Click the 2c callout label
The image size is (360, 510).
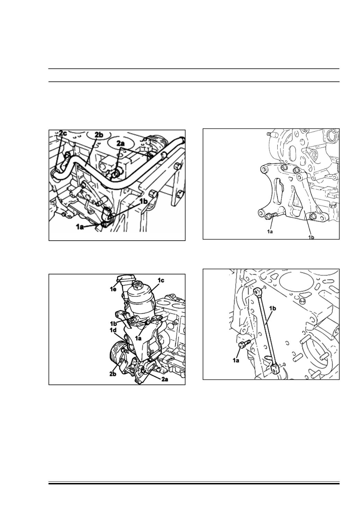(x=63, y=133)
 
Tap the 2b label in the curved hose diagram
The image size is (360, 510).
(x=99, y=135)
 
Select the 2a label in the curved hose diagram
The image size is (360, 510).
(x=121, y=143)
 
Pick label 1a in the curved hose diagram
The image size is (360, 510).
(x=80, y=227)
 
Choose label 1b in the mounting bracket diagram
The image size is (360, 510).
(x=311, y=237)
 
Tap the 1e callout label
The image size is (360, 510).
(x=113, y=289)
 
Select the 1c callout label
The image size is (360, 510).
(x=161, y=281)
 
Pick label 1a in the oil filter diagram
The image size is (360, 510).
(x=138, y=338)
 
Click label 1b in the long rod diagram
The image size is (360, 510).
(x=273, y=308)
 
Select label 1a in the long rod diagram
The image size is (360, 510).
(x=236, y=360)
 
